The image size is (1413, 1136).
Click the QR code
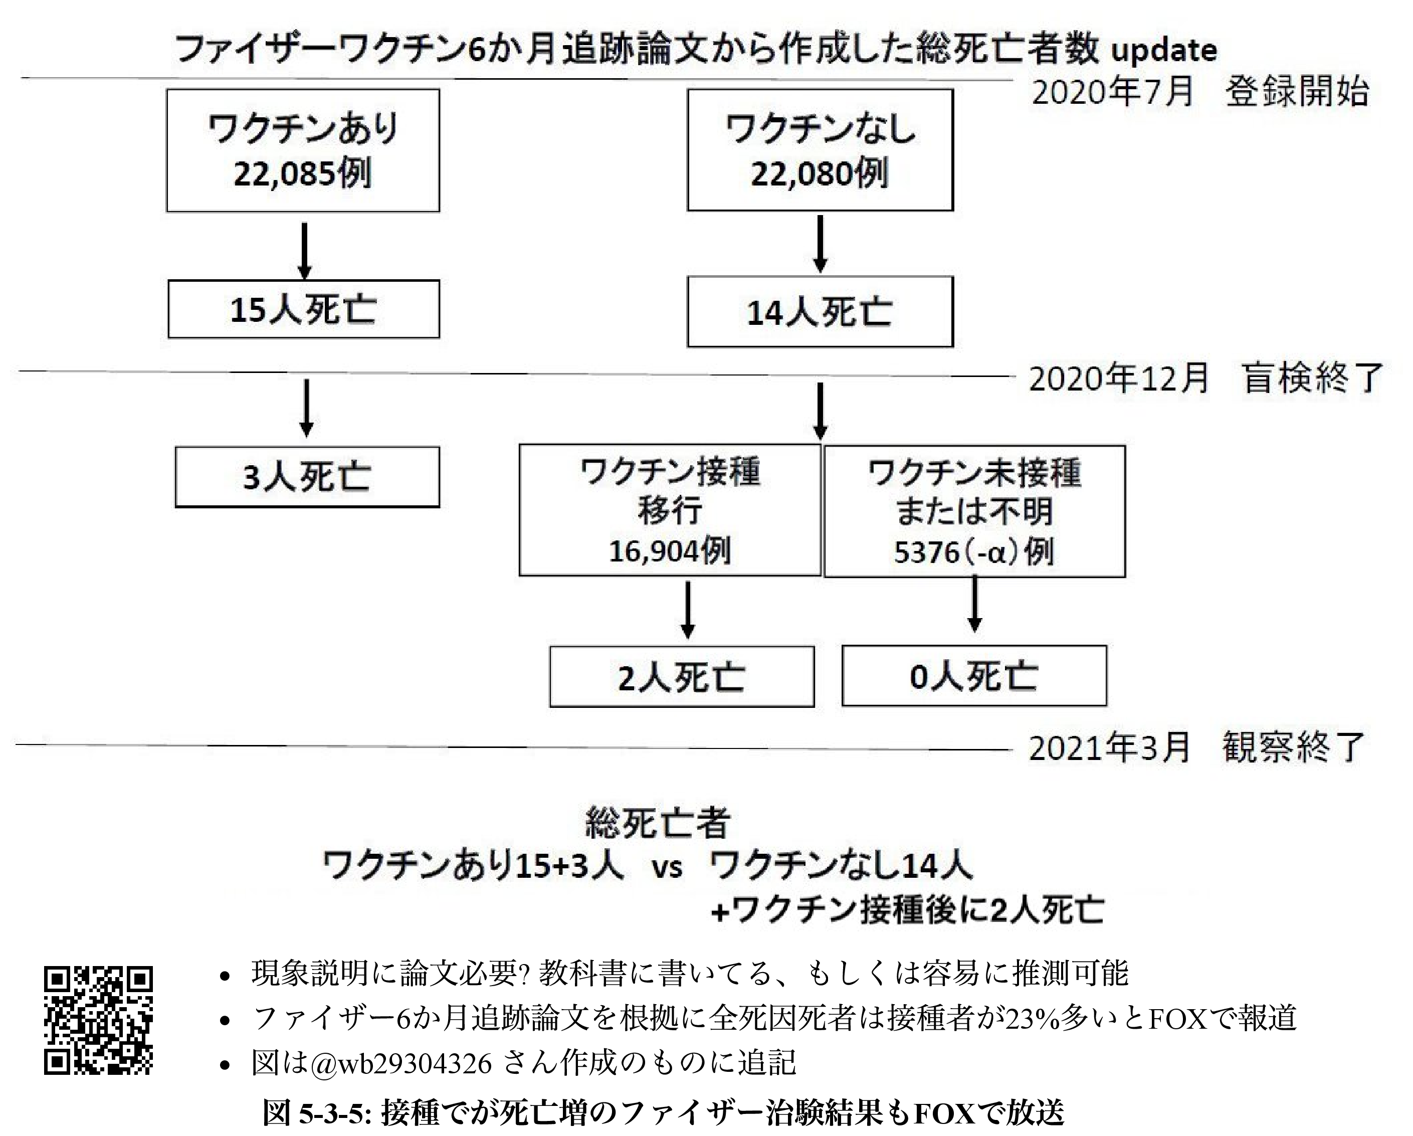[x=98, y=1021]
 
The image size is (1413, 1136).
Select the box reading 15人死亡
[x=303, y=309]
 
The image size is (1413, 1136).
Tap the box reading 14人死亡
[x=820, y=312]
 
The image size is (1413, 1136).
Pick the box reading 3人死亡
[x=307, y=477]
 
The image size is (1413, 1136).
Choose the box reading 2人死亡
[x=682, y=676]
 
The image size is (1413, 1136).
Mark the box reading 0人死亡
[x=974, y=676]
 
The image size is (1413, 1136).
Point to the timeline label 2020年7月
[x=1112, y=92]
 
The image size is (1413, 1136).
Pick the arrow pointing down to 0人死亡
[x=974, y=604]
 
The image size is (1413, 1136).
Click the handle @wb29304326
[x=401, y=1063]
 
